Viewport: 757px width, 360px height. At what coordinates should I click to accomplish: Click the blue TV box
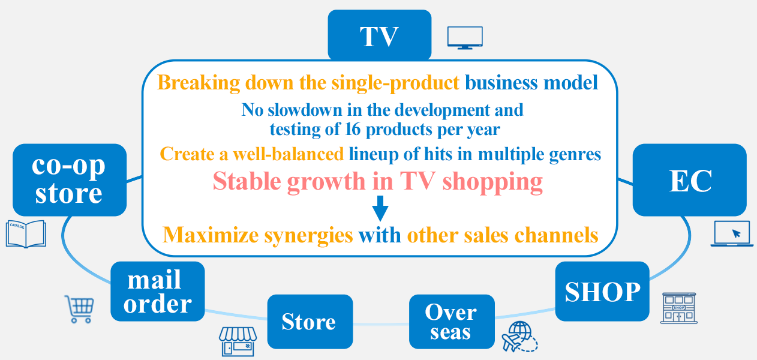(x=380, y=35)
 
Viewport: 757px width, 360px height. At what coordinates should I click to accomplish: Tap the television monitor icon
(x=465, y=38)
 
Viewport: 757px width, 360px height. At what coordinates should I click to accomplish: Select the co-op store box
(x=70, y=180)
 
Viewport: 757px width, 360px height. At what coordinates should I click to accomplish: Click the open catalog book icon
(x=26, y=234)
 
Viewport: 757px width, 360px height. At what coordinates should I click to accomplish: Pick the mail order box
(x=158, y=292)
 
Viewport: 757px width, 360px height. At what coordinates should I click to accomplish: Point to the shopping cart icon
(x=80, y=309)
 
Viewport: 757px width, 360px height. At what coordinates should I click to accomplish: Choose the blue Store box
(x=310, y=322)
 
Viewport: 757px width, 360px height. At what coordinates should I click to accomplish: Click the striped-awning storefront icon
(x=238, y=341)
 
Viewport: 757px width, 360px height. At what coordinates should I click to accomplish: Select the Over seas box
(x=452, y=322)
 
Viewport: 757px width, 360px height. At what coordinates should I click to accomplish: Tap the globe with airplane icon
(x=519, y=337)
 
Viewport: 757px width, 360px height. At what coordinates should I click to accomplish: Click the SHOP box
(x=602, y=292)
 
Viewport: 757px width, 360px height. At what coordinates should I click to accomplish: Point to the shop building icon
(x=679, y=308)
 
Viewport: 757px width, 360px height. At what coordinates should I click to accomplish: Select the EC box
(x=689, y=180)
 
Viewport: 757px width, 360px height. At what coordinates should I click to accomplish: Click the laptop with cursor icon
(x=732, y=233)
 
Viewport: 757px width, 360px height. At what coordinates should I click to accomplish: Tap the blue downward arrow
(x=380, y=208)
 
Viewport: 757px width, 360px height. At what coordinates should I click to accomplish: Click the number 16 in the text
(x=353, y=129)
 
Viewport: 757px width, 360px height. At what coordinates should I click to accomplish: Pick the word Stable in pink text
(x=247, y=181)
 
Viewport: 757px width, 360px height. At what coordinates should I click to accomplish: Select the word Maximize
(x=211, y=235)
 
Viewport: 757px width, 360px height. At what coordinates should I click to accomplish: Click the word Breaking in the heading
(x=199, y=83)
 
